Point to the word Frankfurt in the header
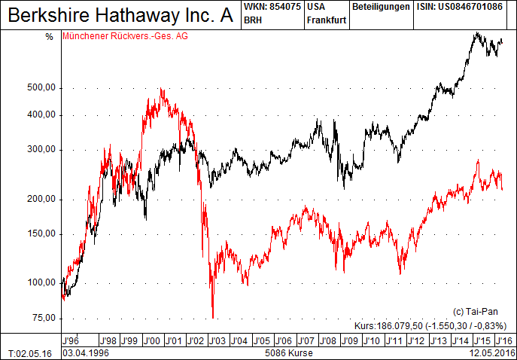click(327, 20)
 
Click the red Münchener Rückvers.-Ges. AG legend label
click(126, 36)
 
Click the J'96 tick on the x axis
click(71, 340)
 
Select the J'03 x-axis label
click(217, 340)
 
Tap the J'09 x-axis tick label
click(349, 340)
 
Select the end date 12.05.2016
click(493, 352)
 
